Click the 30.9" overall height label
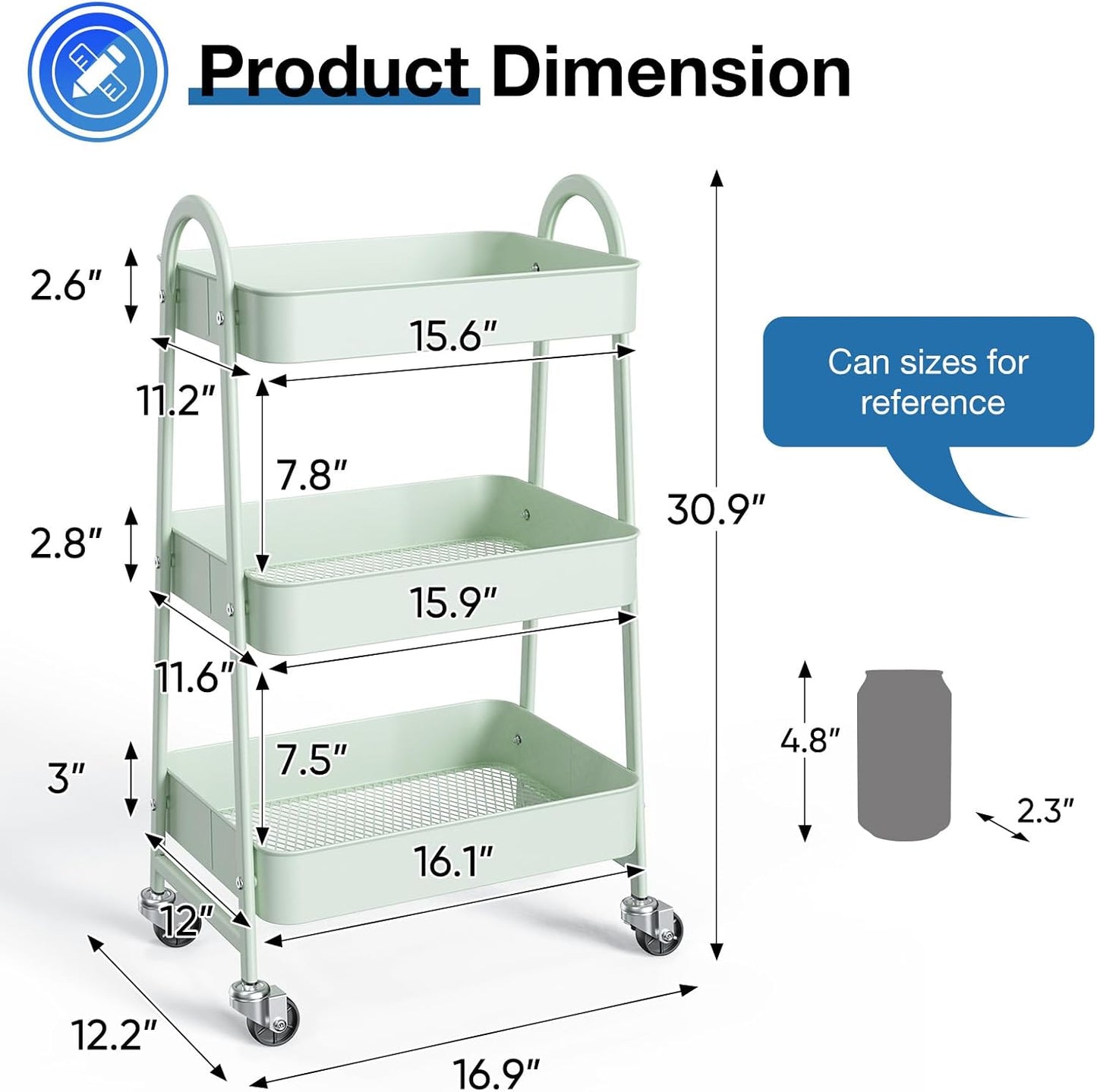click(716, 509)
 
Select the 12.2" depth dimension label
click(114, 1034)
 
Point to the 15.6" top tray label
click(453, 335)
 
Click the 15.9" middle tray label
click(453, 603)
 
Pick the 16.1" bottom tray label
click(453, 861)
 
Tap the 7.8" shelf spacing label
click(311, 476)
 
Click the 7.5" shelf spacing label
click(311, 760)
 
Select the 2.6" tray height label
click(65, 285)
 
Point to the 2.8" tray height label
click(65, 543)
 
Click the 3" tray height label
click(65, 779)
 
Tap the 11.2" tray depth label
click(177, 400)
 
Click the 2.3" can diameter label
click(1045, 811)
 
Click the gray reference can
click(904, 755)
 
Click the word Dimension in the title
click(671, 72)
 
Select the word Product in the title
click(334, 72)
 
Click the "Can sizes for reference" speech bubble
click(928, 382)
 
